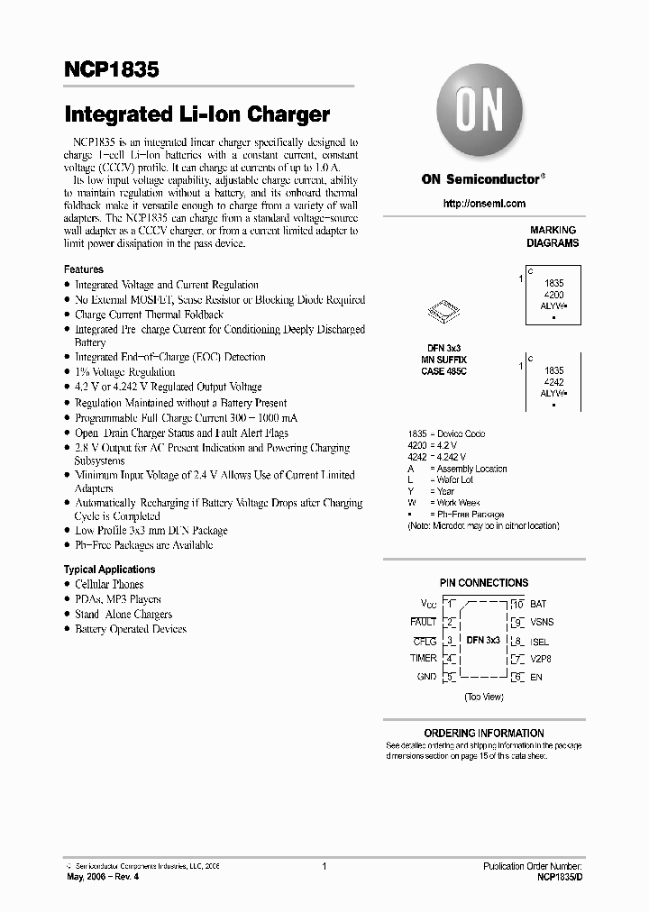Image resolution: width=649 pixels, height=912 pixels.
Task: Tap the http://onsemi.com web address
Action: [484, 204]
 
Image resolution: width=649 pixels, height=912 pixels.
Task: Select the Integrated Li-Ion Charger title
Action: [197, 115]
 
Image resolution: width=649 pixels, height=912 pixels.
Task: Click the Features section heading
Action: [83, 269]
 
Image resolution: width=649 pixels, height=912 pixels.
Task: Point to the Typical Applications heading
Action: [109, 570]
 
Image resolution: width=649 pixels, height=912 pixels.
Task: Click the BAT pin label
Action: [538, 604]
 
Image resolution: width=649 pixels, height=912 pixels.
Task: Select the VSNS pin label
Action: [542, 623]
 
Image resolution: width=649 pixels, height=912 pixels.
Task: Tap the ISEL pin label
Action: [540, 642]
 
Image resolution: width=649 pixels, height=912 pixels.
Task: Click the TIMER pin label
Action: [423, 659]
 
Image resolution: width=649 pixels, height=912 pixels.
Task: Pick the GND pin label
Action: [425, 677]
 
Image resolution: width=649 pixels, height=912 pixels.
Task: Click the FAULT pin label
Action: [423, 622]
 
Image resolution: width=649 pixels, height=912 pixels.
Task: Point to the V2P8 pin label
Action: [541, 659]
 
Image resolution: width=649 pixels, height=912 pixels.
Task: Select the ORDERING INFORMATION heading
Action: [484, 734]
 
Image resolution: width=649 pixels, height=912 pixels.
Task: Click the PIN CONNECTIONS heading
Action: [484, 583]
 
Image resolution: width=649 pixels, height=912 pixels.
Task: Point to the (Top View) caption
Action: [484, 697]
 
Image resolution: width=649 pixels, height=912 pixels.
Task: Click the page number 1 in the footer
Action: [323, 866]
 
